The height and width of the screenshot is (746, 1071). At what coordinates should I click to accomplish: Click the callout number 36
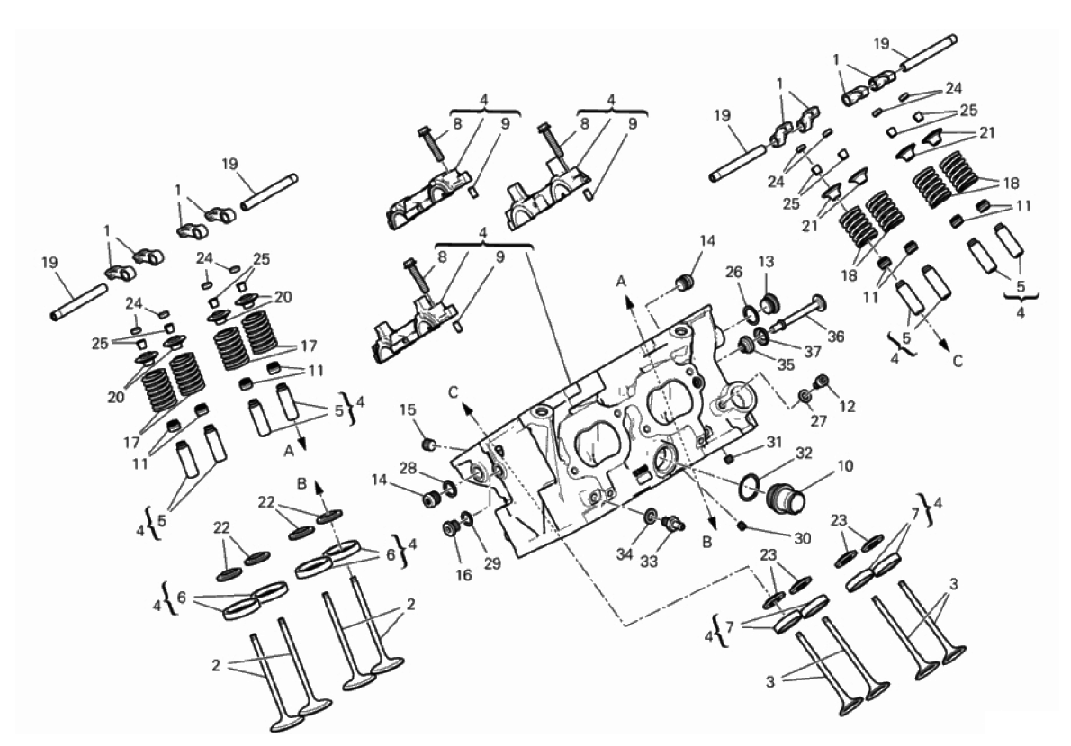click(x=835, y=337)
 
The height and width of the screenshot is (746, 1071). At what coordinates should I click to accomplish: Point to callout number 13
click(x=767, y=262)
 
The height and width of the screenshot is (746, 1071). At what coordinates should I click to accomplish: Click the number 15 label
click(x=408, y=409)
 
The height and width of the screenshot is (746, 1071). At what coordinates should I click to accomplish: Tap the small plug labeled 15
click(x=429, y=445)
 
